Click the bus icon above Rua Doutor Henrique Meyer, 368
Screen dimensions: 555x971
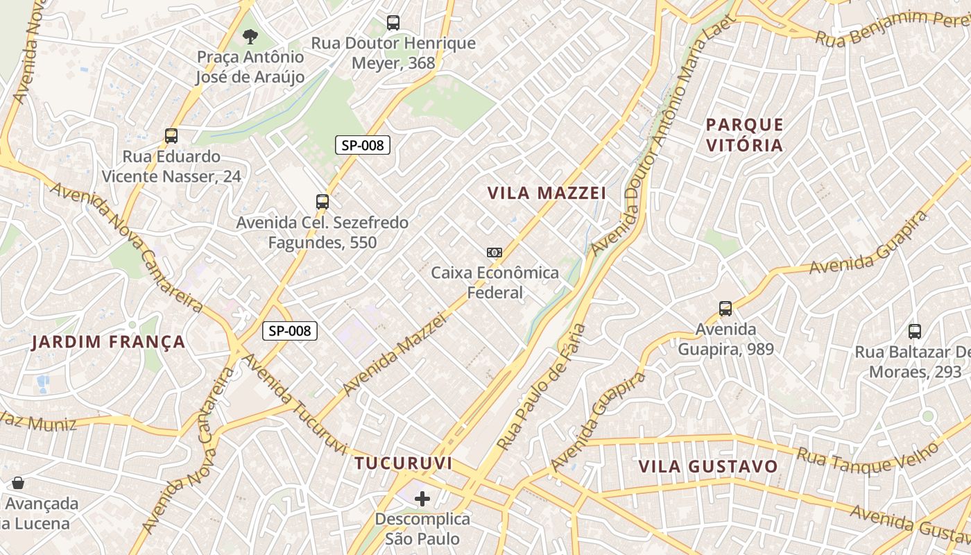pyautogui.click(x=393, y=23)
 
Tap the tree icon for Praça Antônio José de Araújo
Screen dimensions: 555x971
pyautogui.click(x=250, y=37)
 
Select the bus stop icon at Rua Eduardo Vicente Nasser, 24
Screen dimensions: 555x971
pyautogui.click(x=171, y=136)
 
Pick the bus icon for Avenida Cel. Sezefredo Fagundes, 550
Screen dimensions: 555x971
pyautogui.click(x=323, y=202)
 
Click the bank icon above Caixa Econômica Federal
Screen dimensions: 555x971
pyautogui.click(x=495, y=253)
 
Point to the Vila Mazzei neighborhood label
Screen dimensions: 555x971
pyautogui.click(x=547, y=193)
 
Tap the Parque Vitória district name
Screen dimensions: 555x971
pyautogui.click(x=744, y=135)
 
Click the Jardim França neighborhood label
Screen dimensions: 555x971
pyautogui.click(x=109, y=342)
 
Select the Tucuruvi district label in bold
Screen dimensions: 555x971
pyautogui.click(x=403, y=463)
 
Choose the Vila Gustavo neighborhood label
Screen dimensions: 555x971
pyautogui.click(x=708, y=466)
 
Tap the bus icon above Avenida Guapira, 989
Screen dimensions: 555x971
pyautogui.click(x=725, y=309)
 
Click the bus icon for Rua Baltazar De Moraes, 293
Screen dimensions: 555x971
pyautogui.click(x=915, y=332)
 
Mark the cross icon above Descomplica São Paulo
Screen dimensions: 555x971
pyautogui.click(x=422, y=499)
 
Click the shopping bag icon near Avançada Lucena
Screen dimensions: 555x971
pyautogui.click(x=18, y=483)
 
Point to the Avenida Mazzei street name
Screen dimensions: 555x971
pyautogui.click(x=393, y=355)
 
